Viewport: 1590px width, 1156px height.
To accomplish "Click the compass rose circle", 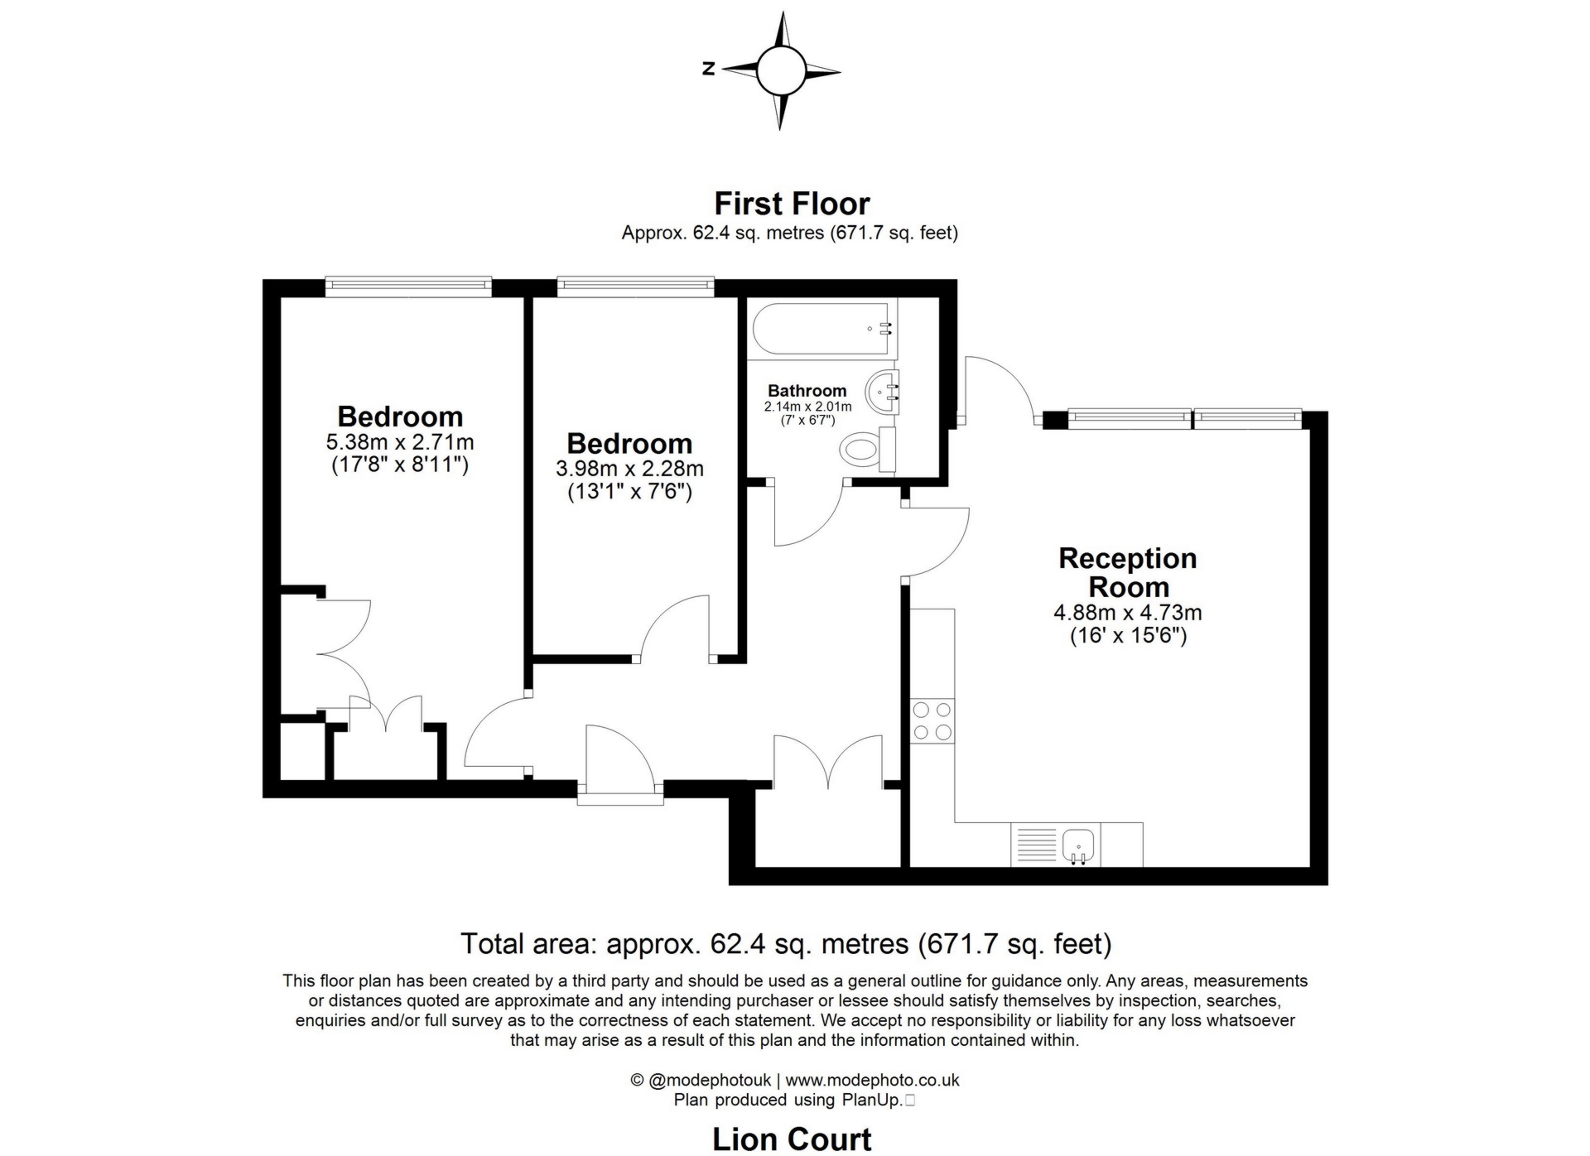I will pos(779,70).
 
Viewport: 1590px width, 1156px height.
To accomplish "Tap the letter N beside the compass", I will pos(708,69).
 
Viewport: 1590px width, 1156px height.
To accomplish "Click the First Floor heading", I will pos(792,204).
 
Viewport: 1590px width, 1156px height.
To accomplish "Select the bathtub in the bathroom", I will pos(821,329).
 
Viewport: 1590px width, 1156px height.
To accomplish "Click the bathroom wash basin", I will pos(883,391).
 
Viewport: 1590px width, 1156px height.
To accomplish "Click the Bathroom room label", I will pos(807,390).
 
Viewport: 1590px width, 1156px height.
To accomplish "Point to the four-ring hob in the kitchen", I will pos(932,720).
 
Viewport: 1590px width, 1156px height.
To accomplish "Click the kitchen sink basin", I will pos(1078,845).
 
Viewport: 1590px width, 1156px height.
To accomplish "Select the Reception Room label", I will pos(1127,572).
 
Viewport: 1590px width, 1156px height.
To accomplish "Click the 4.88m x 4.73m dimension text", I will pos(1127,613).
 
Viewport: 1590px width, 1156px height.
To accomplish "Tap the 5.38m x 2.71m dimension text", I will pos(400,441).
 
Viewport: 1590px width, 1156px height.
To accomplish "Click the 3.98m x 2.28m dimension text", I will pos(629,469).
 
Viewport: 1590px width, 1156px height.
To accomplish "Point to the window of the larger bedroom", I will pos(407,286).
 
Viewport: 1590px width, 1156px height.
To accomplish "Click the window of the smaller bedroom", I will pos(635,286).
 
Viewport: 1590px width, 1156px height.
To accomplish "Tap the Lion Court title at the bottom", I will pos(792,1139).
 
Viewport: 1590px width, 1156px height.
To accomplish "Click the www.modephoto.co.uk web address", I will pos(872,1080).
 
